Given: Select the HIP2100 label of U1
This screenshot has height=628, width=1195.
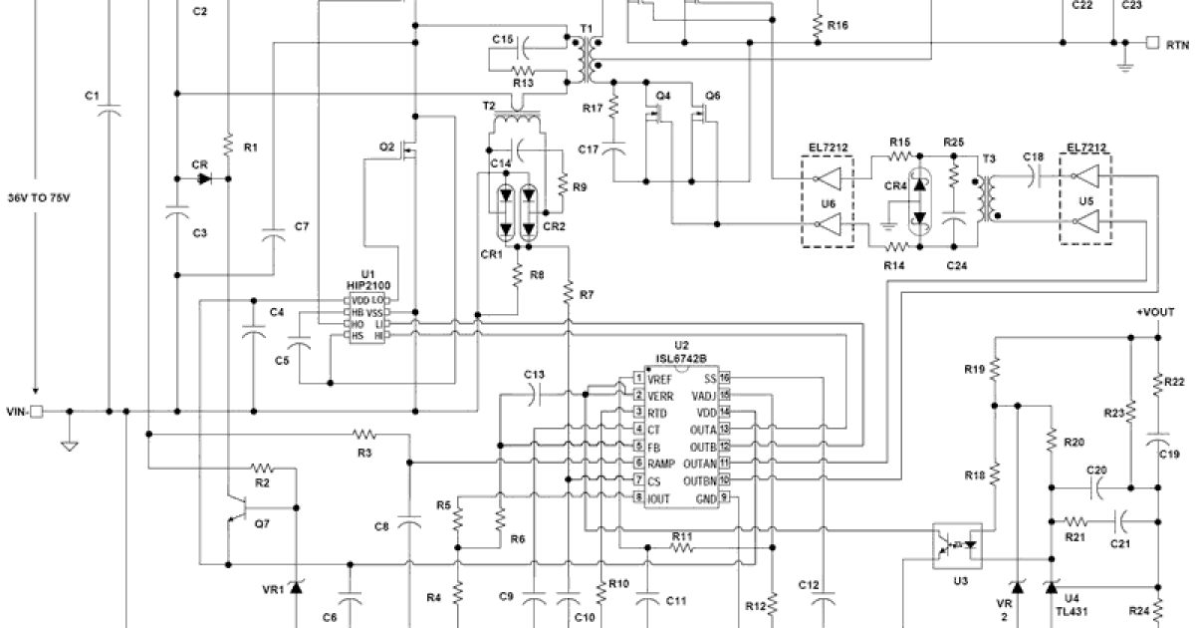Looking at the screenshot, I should pos(367,284).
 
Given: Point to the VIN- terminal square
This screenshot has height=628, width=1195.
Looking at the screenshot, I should pos(37,411).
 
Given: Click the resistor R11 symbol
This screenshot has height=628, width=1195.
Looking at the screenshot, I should pos(681,547).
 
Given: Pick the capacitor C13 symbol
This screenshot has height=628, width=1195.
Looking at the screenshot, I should pos(536,395).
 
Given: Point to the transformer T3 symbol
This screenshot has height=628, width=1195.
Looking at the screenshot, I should pos(988,199).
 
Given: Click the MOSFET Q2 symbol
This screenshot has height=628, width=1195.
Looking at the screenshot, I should pos(410,152).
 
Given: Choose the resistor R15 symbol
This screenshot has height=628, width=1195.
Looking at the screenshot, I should pos(900,157).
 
